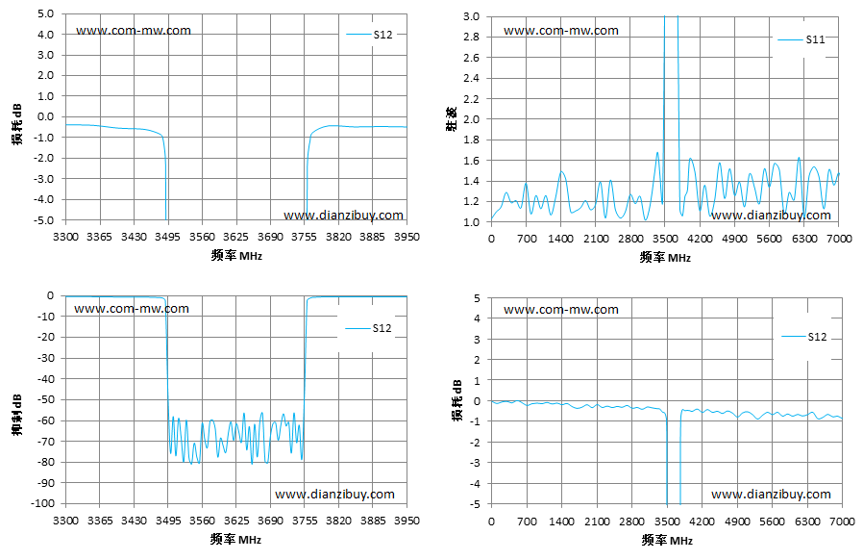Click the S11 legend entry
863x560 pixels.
pyautogui.click(x=801, y=39)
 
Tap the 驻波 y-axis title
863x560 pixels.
pyautogui.click(x=452, y=119)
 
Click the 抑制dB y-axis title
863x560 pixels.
pyautogui.click(x=17, y=415)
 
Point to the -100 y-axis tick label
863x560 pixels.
pyautogui.click(x=42, y=503)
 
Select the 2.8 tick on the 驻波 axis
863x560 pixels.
pyautogui.click(x=471, y=37)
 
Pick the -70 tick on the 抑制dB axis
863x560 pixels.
pyautogui.click(x=45, y=441)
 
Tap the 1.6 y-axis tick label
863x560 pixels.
pyautogui.click(x=471, y=161)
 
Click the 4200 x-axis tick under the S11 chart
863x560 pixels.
pyautogui.click(x=700, y=239)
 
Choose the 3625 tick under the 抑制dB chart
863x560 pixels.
pyautogui.click(x=236, y=521)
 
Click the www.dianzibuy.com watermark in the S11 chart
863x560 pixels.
pyautogui.click(x=771, y=215)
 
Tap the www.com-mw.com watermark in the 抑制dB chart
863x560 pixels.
pyautogui.click(x=132, y=309)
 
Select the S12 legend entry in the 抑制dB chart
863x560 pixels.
pyautogui.click(x=368, y=328)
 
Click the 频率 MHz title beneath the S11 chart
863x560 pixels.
pyautogui.click(x=665, y=258)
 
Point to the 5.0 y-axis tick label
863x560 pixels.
pyautogui.click(x=46, y=13)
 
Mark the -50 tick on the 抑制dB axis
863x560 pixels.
pyautogui.click(x=45, y=399)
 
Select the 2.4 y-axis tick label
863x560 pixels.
pyautogui.click(x=471, y=78)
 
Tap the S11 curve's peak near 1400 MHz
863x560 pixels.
pyautogui.click(x=561, y=171)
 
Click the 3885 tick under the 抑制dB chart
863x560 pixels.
pyautogui.click(x=373, y=521)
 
